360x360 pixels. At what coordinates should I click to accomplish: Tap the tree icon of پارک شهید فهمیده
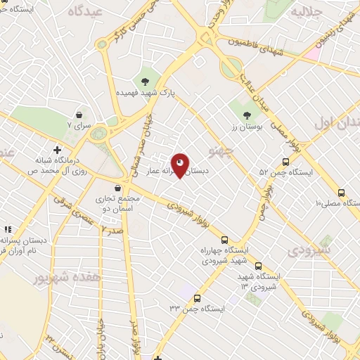146,80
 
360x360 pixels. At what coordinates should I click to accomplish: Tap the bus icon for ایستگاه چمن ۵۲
285,161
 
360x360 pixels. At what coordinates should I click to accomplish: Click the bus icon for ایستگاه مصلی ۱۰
342,193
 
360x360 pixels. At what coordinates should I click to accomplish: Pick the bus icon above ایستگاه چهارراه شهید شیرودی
224,239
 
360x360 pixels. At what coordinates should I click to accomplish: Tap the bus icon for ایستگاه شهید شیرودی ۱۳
258,266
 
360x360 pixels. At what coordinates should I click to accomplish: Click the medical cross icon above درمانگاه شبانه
57,149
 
